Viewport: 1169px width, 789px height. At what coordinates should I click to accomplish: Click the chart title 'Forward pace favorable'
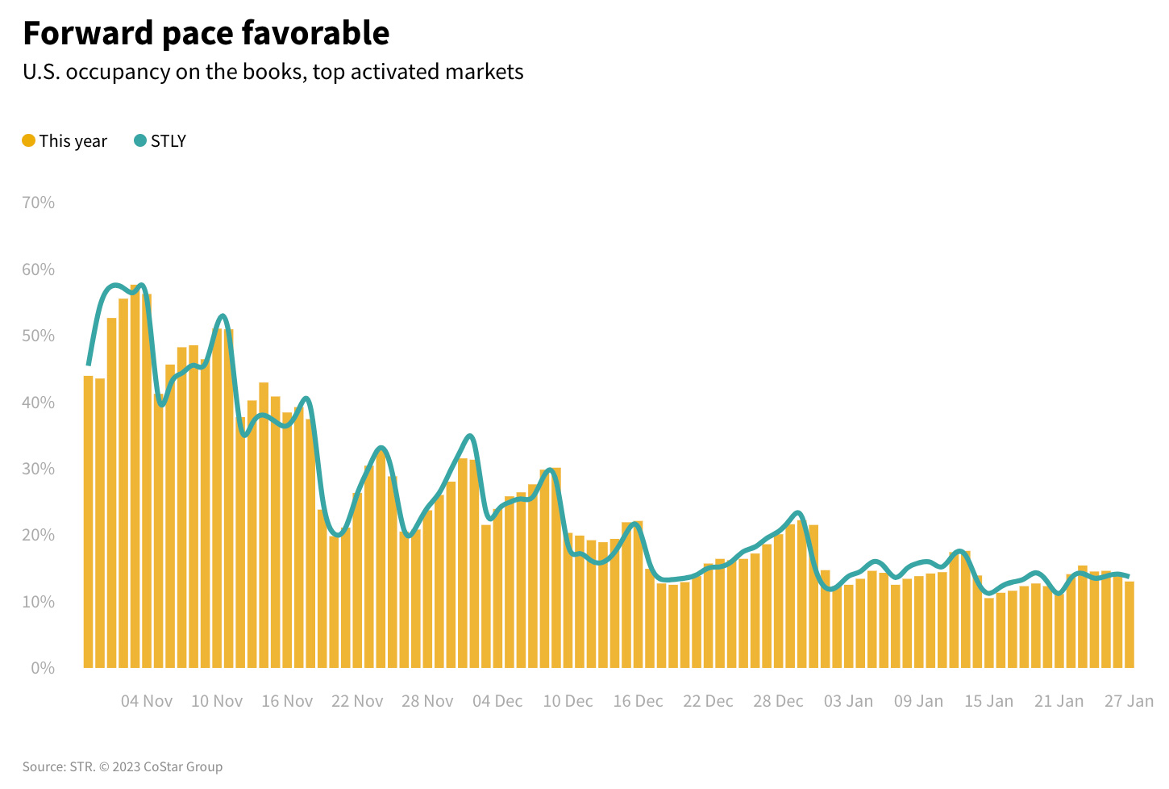(x=206, y=33)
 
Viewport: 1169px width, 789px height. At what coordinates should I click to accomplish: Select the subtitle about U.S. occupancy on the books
(x=272, y=72)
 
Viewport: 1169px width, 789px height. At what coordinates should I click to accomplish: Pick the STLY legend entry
(x=160, y=141)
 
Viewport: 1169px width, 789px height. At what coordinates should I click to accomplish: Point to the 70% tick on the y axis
(x=38, y=202)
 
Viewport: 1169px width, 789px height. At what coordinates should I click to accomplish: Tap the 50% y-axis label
(x=38, y=336)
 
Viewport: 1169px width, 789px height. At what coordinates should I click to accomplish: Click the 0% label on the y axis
(x=42, y=668)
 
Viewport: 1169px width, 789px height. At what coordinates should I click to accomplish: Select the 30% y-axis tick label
(x=38, y=469)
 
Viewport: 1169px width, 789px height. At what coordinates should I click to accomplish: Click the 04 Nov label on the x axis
(x=147, y=701)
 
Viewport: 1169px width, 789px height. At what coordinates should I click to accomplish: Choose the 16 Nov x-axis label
(x=287, y=701)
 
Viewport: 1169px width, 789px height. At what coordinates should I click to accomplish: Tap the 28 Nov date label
(x=427, y=701)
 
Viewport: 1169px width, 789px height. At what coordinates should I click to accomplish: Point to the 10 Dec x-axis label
(x=568, y=701)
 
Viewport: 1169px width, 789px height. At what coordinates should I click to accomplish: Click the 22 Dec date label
(x=708, y=701)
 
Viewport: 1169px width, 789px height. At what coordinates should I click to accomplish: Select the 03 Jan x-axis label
(x=848, y=701)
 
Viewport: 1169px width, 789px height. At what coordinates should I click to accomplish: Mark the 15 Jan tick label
(x=988, y=701)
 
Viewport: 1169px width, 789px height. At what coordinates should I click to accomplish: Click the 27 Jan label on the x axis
(x=1129, y=701)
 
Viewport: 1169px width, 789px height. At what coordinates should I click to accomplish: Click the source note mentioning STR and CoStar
(x=123, y=766)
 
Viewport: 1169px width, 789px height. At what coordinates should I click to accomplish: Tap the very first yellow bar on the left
(x=88, y=524)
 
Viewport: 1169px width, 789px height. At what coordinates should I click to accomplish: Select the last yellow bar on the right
(x=1129, y=625)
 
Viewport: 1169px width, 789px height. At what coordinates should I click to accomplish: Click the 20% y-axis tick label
(x=38, y=535)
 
